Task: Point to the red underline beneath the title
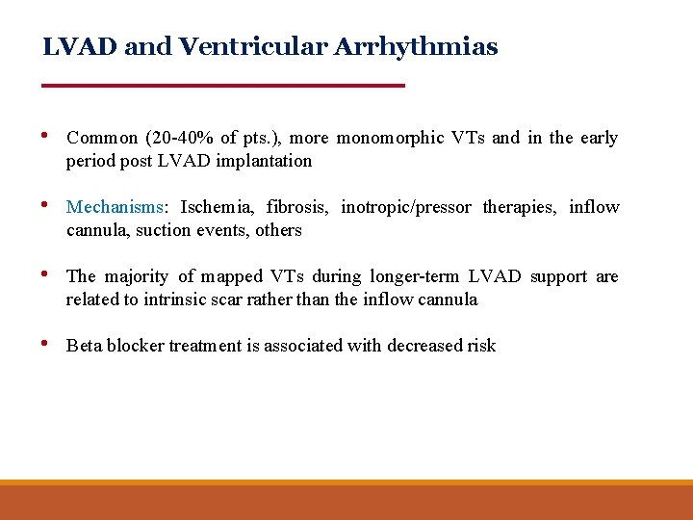click(x=223, y=86)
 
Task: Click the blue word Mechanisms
click(x=115, y=207)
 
